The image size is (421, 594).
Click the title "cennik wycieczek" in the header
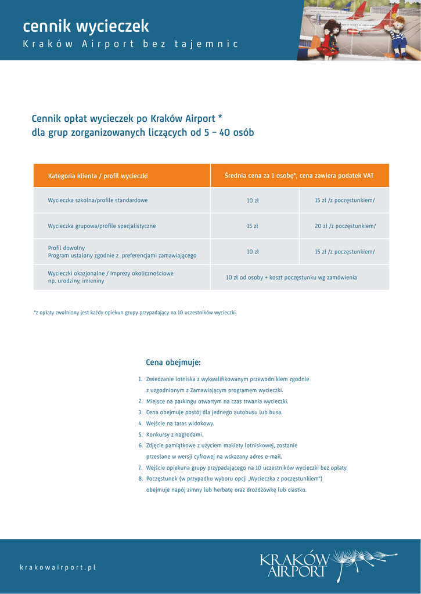pos(86,26)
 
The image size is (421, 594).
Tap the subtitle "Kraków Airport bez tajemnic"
pos(130,44)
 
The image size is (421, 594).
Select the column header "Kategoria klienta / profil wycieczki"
pos(98,176)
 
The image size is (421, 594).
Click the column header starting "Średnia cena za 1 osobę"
pos(299,176)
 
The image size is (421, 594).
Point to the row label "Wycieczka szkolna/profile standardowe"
pos(98,200)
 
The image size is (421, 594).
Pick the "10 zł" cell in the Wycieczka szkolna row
pos(253,201)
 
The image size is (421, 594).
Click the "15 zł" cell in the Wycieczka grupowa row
pos(253,226)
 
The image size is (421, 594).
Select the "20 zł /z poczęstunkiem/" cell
pos(345,226)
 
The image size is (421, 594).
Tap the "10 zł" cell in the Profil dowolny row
pos(253,252)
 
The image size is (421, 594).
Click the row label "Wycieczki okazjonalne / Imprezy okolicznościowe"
pos(110,273)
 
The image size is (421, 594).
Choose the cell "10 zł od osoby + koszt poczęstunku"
pos(291,278)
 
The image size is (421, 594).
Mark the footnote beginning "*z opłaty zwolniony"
pos(135,313)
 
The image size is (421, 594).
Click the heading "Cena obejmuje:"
pos(173,363)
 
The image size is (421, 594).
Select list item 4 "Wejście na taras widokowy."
pos(180,423)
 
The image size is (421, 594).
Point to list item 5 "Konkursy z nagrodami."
pos(174,434)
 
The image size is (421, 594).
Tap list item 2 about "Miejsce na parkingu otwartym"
pos(217,401)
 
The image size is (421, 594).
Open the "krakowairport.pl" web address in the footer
pos(57,567)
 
